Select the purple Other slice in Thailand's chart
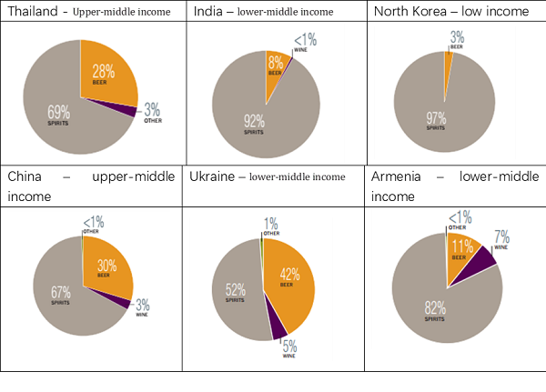pyautogui.click(x=132, y=110)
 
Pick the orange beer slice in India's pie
pyautogui.click(x=276, y=67)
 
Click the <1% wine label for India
pyautogui.click(x=303, y=41)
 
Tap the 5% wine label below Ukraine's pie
pyautogui.click(x=289, y=347)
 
